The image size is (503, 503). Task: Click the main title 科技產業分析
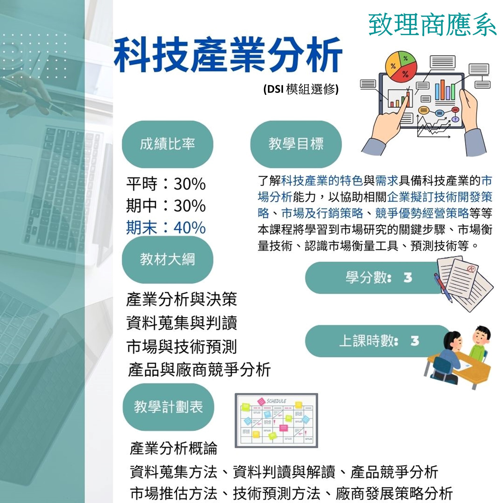[228, 55]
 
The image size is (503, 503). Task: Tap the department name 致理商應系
[432, 25]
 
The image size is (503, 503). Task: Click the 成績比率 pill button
[167, 144]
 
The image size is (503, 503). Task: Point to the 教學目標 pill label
[296, 144]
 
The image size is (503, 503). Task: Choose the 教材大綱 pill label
[167, 260]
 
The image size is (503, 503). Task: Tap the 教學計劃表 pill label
[168, 407]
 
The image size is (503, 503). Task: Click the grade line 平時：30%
[166, 184]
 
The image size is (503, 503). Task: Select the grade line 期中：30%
[166, 205]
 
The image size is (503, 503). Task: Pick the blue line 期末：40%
[166, 227]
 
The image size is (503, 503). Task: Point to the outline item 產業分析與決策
[181, 300]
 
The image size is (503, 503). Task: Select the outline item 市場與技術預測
[181, 347]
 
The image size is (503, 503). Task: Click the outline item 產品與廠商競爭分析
[199, 369]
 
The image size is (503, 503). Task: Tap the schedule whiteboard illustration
[276, 420]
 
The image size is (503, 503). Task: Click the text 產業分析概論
[173, 448]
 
